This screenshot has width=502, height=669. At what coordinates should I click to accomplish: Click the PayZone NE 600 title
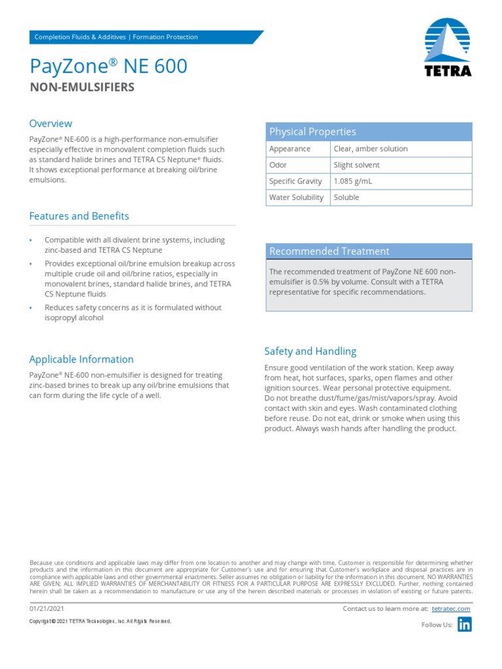click(x=109, y=66)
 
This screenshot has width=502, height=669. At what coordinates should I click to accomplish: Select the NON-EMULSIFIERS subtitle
click(x=82, y=88)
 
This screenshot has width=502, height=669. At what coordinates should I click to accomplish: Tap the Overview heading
click(x=50, y=123)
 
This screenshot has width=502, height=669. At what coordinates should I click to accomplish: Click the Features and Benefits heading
click(x=79, y=216)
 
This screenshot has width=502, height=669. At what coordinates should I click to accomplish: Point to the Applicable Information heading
click(x=81, y=359)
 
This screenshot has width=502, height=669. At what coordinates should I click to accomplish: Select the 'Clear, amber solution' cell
click(x=371, y=149)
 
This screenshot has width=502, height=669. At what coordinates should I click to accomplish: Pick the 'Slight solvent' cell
click(x=357, y=165)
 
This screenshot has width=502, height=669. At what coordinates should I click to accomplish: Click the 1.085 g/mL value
click(x=353, y=182)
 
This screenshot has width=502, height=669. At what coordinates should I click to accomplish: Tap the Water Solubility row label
click(x=296, y=197)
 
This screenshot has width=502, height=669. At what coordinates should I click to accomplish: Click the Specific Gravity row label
click(x=295, y=182)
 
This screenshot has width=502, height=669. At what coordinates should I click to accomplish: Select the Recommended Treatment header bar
click(x=368, y=252)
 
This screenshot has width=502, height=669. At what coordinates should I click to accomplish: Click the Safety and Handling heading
click(x=310, y=351)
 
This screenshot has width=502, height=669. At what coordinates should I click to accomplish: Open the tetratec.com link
click(x=451, y=609)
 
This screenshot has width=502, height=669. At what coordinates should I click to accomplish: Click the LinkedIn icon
click(x=464, y=625)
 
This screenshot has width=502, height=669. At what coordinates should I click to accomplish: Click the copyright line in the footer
click(x=100, y=621)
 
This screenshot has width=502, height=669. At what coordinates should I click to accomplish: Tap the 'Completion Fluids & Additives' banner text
click(x=80, y=37)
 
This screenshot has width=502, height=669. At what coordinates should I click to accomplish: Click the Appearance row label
click(x=290, y=149)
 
